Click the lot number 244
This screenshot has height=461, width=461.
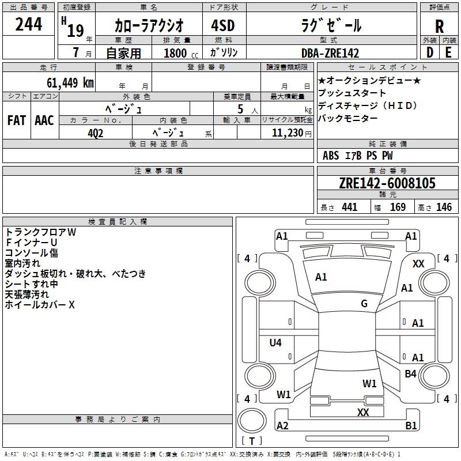point(28,25)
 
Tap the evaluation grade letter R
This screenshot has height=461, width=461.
point(439,27)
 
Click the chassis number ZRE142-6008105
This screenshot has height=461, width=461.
point(387,183)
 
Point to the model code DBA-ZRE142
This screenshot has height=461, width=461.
point(330,53)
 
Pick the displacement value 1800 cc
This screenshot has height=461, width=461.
point(179,53)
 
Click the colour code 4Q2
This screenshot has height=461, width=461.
point(95,132)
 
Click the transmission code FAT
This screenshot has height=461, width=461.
point(16,120)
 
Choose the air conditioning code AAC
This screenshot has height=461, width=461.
point(44,120)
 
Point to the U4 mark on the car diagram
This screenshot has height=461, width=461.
point(275,343)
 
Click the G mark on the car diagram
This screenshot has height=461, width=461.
point(364,304)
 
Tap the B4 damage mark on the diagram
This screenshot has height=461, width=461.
point(410,374)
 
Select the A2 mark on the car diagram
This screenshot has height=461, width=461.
point(282,426)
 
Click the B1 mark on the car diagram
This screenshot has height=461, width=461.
point(411,426)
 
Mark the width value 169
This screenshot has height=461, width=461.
point(398,207)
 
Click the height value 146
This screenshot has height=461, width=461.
point(444,207)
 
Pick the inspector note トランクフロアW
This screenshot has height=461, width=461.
point(40,232)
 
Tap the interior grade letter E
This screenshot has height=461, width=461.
point(448,52)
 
